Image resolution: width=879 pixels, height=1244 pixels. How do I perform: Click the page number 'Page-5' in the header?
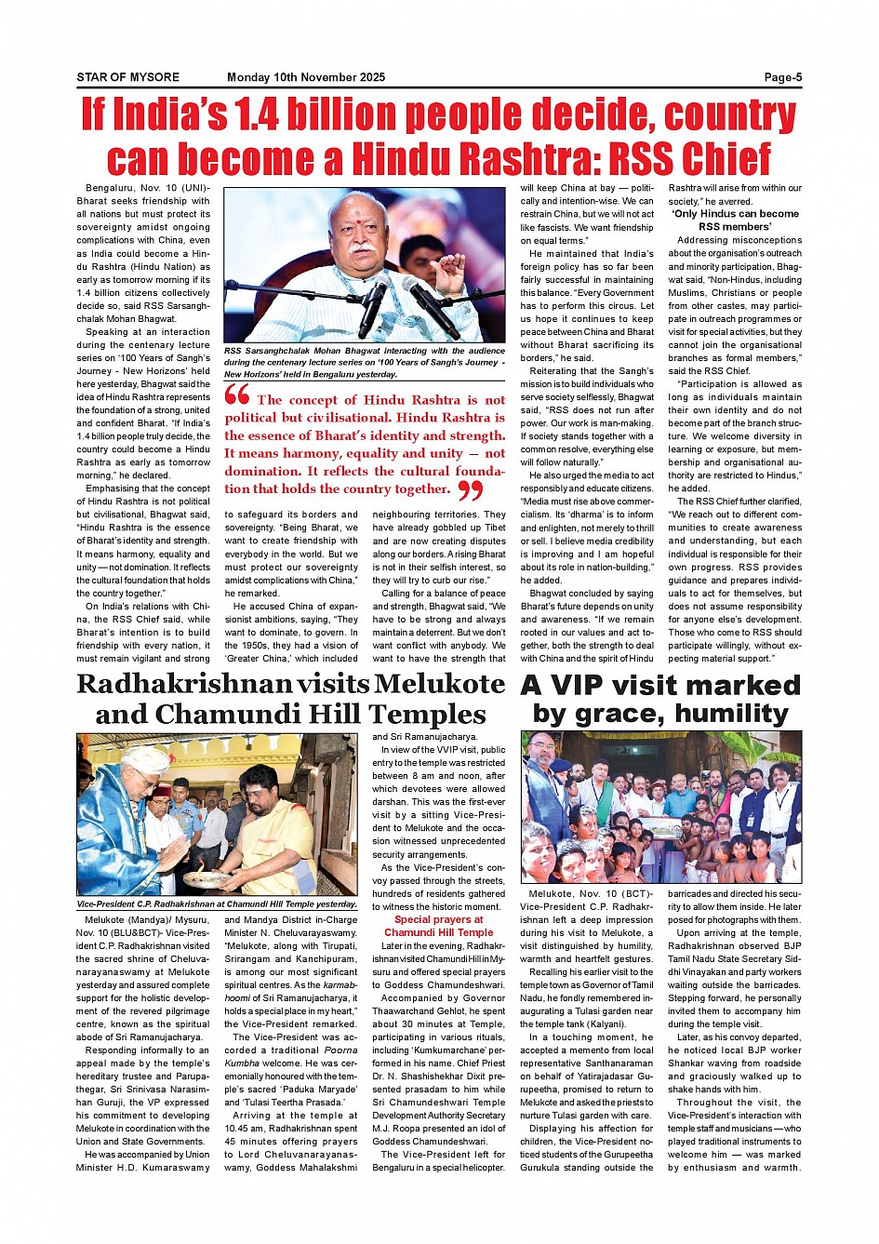click(x=782, y=77)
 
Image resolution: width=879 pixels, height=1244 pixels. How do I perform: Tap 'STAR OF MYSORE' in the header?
click(x=128, y=77)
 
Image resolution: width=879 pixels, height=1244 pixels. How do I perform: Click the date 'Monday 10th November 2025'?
click(x=306, y=77)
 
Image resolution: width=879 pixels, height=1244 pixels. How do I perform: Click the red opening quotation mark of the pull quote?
click(x=237, y=395)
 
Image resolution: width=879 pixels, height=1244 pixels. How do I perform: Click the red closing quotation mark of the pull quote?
click(x=471, y=490)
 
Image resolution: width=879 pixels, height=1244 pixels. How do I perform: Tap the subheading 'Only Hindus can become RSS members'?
click(x=735, y=220)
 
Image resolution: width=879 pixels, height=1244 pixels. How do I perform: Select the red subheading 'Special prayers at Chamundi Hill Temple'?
click(x=438, y=926)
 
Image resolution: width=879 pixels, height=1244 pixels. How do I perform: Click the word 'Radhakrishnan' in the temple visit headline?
click(x=184, y=684)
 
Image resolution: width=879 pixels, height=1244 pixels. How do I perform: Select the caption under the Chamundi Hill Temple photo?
click(x=217, y=904)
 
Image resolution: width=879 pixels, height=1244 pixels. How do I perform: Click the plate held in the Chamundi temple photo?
click(x=206, y=877)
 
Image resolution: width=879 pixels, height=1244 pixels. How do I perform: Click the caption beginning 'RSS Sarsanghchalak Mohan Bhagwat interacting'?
click(x=365, y=362)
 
